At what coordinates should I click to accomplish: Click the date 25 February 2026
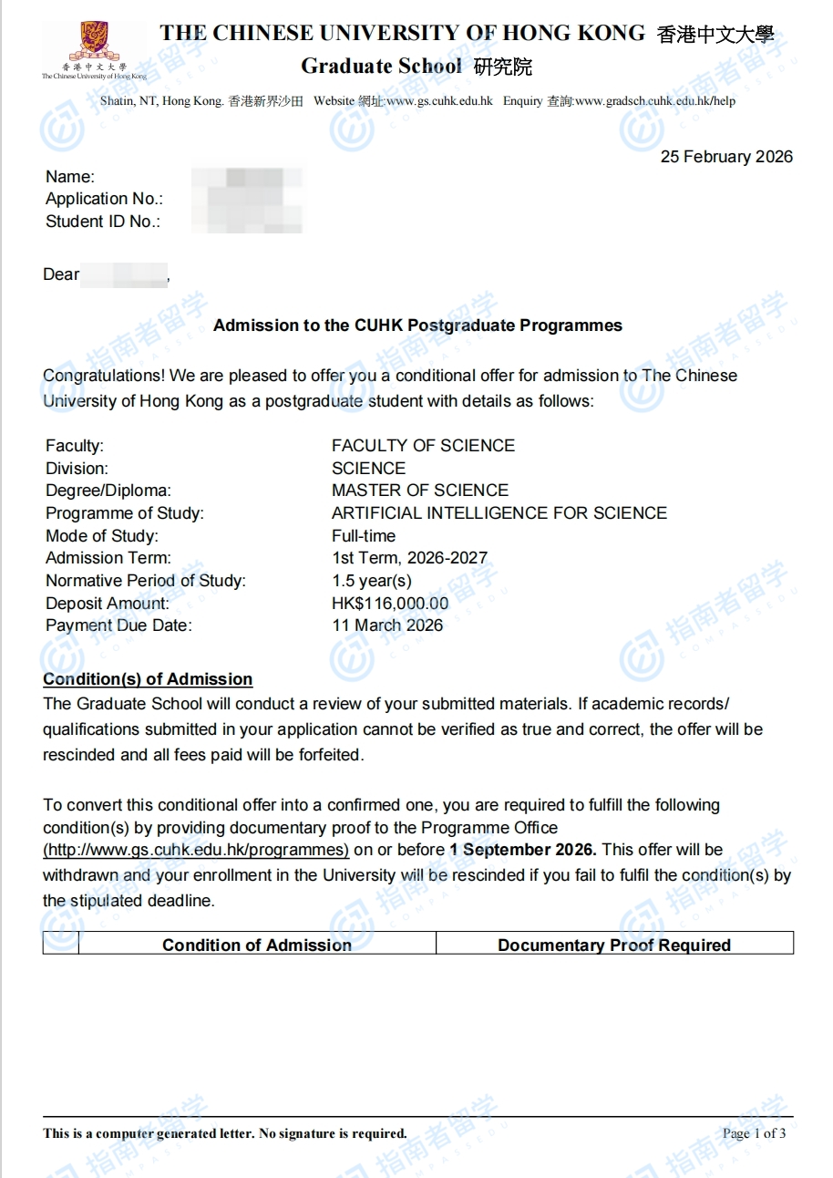(x=726, y=157)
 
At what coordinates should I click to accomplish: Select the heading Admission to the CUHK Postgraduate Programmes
(x=417, y=325)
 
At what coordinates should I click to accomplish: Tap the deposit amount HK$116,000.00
(x=390, y=603)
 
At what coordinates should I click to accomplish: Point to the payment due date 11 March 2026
(x=387, y=625)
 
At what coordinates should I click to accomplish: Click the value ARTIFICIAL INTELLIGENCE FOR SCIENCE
(x=499, y=513)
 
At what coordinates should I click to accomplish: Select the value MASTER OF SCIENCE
(x=420, y=491)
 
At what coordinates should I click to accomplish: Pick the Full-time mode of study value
(x=364, y=536)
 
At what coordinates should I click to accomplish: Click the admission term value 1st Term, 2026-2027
(x=409, y=558)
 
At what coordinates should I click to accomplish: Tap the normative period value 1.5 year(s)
(x=372, y=581)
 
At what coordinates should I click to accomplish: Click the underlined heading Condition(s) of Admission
(x=148, y=679)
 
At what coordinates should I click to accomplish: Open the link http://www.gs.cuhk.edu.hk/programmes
(x=196, y=850)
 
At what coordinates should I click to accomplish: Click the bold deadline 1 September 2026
(x=523, y=850)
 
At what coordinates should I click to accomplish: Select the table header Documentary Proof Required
(x=614, y=945)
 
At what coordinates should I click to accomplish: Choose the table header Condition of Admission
(x=257, y=945)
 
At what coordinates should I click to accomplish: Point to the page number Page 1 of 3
(x=754, y=1133)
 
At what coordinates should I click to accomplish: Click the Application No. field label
(x=104, y=199)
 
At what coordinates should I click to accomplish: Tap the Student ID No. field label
(x=103, y=222)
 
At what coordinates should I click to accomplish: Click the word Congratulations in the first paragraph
(x=100, y=376)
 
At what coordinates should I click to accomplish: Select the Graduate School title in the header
(x=381, y=67)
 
